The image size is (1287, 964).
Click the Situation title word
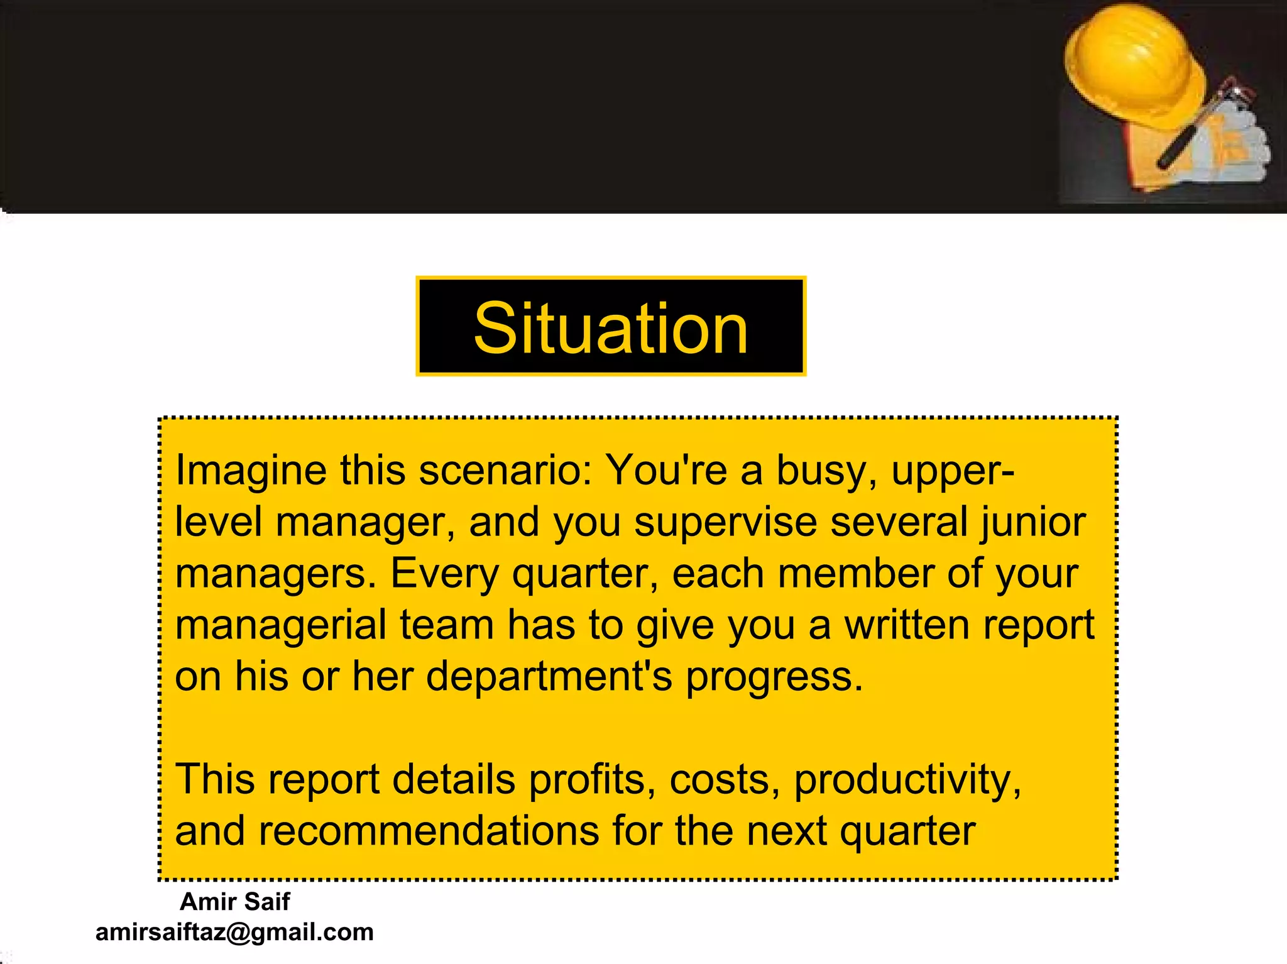[610, 327]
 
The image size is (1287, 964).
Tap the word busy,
[826, 471]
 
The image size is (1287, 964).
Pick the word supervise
[725, 522]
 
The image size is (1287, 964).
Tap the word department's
[549, 677]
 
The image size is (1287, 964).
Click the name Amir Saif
[234, 902]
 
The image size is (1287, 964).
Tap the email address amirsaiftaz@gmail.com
[234, 932]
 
